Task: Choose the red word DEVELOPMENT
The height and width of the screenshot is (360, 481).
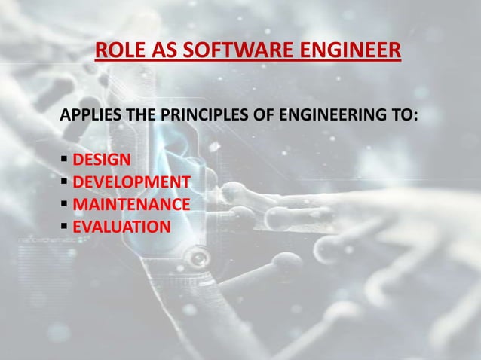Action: (131, 182)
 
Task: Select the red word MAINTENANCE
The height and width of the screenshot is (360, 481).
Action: (131, 204)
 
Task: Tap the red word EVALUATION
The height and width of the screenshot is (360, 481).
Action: (121, 226)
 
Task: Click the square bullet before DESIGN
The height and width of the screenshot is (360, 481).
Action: (64, 160)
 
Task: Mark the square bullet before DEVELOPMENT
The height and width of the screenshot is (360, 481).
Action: (64, 182)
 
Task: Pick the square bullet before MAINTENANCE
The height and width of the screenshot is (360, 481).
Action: (64, 204)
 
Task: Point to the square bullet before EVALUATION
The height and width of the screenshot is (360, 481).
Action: (64, 226)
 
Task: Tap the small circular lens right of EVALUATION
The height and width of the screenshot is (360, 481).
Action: (198, 258)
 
